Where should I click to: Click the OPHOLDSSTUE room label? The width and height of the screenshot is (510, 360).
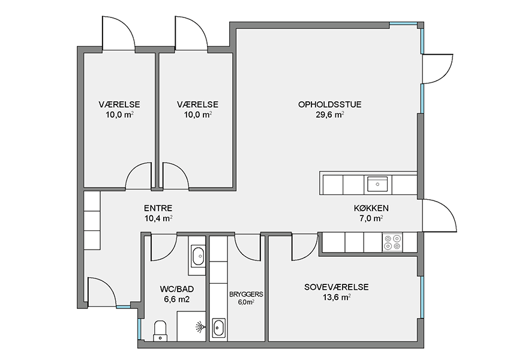330,104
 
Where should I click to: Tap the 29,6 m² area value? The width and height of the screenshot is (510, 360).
330,115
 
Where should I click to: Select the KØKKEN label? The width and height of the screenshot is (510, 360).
371,208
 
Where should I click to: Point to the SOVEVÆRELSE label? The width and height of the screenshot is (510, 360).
337,287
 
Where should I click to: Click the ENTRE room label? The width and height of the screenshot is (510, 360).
158,208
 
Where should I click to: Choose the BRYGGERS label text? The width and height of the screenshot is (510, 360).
246,295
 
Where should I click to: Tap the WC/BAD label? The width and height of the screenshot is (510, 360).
177,289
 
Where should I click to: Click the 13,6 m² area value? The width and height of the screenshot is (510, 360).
337,297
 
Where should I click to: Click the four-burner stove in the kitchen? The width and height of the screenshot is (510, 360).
392,242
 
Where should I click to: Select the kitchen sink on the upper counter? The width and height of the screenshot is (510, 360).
377,184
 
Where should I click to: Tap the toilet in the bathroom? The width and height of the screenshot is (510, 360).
160,331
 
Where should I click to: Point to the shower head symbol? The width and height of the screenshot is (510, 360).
200,326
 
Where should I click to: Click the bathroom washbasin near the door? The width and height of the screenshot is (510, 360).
198,257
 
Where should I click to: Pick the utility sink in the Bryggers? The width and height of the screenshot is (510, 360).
218,328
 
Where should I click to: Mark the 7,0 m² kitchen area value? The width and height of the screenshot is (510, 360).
371,218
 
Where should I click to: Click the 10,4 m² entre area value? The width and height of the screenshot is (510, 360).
158,218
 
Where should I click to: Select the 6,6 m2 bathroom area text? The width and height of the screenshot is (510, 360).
177,299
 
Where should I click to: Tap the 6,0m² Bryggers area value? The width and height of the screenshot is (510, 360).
246,302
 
